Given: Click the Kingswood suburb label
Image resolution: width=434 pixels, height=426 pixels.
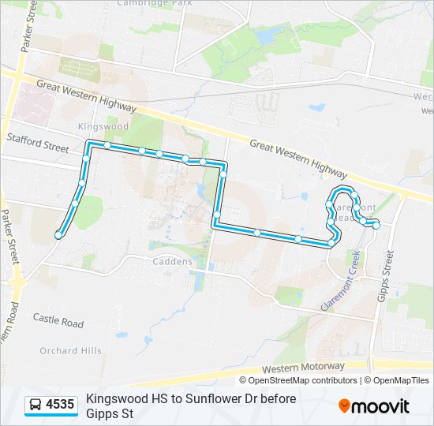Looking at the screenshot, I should (103, 126).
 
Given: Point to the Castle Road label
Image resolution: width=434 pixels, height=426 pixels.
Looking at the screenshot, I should (58, 322).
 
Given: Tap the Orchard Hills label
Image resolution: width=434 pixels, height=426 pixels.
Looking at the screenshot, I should (70, 350).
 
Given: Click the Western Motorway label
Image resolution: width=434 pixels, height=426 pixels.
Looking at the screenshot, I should (305, 368).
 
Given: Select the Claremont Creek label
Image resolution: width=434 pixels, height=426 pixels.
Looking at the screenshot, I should (340, 281).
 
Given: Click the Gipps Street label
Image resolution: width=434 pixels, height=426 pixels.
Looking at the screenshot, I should (387, 275).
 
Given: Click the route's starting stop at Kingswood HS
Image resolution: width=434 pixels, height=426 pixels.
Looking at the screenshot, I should (58, 235).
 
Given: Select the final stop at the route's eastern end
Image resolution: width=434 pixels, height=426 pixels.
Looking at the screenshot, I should (376, 226).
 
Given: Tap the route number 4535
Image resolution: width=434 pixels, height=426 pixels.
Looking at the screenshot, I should (60, 405).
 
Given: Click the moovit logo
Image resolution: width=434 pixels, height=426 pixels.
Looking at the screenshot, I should (374, 406).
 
